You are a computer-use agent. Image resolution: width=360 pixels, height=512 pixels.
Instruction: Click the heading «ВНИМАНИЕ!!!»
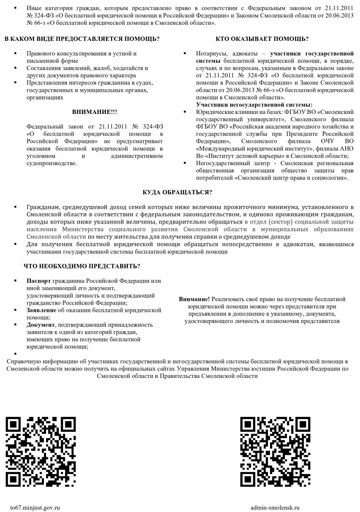point(94,112)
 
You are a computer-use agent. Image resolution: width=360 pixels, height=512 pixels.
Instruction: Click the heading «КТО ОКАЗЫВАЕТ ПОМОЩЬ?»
point(262,39)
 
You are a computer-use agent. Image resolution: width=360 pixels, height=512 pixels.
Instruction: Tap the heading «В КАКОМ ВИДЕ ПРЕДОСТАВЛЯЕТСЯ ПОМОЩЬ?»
point(82,39)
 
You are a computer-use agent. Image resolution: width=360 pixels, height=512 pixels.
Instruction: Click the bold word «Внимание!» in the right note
point(194,299)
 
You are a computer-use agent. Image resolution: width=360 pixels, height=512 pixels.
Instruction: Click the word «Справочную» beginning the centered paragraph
point(23,361)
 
